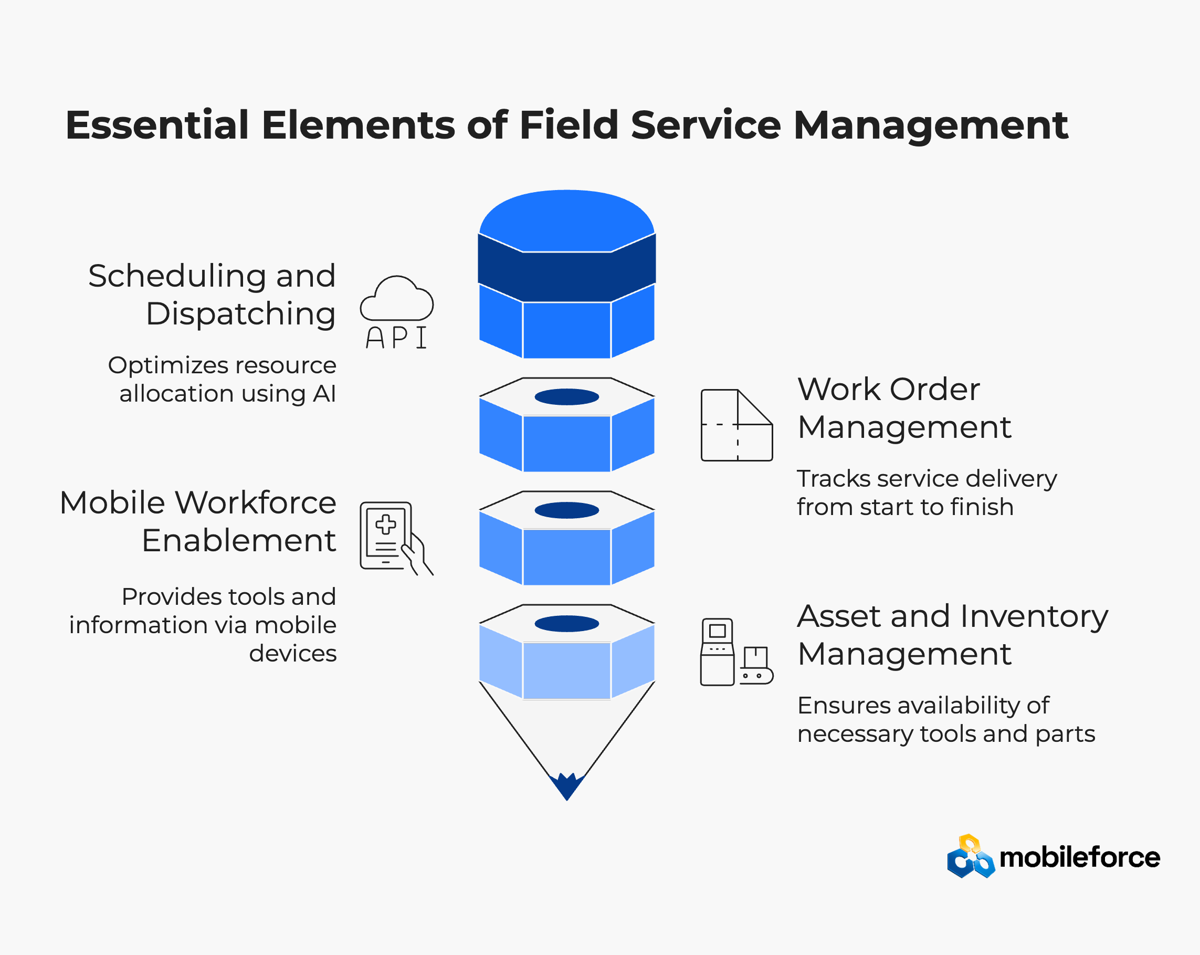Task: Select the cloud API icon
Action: click(396, 312)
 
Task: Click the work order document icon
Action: click(737, 425)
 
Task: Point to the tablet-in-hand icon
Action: click(396, 538)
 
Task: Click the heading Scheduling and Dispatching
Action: click(212, 295)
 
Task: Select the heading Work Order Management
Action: click(904, 408)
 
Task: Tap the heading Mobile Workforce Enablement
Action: click(198, 521)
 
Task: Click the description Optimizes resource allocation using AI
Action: click(222, 379)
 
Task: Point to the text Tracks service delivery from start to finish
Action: click(927, 492)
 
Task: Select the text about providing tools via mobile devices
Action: click(203, 624)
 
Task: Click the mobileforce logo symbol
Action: click(971, 856)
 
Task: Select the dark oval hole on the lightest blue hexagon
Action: click(566, 624)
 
